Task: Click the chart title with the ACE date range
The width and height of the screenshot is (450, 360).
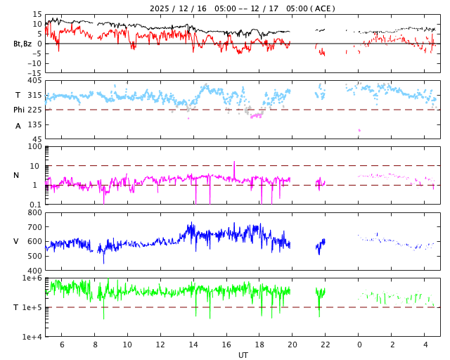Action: pos(243,8)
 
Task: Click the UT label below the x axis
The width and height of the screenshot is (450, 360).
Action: pos(243,355)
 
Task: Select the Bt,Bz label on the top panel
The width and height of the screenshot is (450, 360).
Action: pos(23,44)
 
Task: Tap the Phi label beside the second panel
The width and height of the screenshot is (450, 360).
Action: pos(20,110)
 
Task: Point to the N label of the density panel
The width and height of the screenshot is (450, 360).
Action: pos(16,175)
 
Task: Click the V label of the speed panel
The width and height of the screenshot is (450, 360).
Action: pos(16,241)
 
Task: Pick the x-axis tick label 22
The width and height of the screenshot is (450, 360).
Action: pos(326,345)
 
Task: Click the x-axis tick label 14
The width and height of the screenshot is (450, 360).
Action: pos(193,345)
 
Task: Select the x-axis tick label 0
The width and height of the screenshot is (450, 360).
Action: pos(359,345)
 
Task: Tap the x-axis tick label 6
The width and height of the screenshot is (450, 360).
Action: pos(61,345)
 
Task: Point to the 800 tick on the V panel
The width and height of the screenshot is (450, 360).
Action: pos(34,212)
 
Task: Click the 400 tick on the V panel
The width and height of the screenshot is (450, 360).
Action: pos(34,271)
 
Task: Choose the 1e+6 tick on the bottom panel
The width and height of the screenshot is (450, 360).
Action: pos(32,278)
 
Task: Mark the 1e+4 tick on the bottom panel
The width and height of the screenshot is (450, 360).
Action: pos(32,337)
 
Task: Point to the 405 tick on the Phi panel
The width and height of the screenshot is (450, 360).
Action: pos(34,81)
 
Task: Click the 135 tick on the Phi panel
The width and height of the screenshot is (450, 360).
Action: pos(34,124)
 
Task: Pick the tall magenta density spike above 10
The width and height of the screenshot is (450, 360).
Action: pos(234,164)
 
